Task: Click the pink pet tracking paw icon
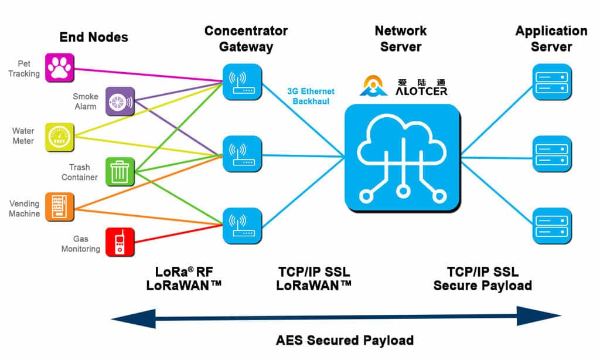tap(60, 67)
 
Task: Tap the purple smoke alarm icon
tap(120, 101)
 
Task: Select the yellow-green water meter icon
tap(60, 137)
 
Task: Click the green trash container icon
tap(120, 172)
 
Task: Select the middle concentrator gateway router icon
tap(242, 154)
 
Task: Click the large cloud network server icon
tap(401, 158)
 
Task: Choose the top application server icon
tap(551, 83)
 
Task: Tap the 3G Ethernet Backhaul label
tap(311, 96)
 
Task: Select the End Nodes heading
tap(94, 38)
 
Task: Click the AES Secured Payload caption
tap(345, 340)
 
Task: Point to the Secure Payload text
tap(482, 286)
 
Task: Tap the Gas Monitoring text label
tap(80, 244)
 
